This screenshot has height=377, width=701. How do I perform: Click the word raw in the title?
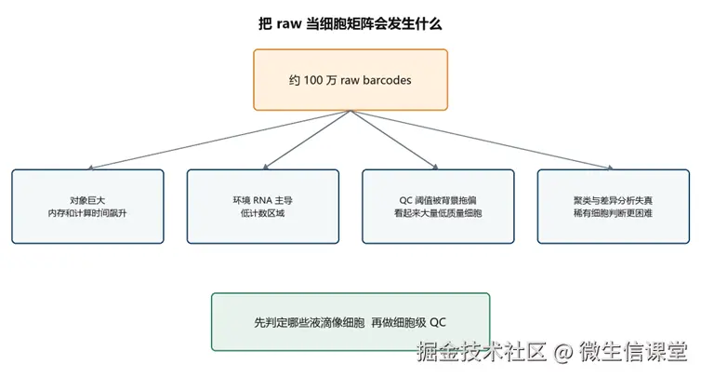coord(289,23)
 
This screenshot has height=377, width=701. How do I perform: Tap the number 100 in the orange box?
coord(313,80)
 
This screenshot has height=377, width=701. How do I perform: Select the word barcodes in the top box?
coord(387,80)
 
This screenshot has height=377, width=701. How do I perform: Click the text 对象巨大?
coord(87,200)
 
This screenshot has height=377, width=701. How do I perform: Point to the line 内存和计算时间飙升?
coord(87,213)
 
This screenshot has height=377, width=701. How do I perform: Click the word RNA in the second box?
coord(262,200)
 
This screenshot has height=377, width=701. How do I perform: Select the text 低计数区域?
coord(263,213)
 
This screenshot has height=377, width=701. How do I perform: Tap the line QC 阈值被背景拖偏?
coord(438,200)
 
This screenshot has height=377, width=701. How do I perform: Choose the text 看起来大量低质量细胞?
coord(438,213)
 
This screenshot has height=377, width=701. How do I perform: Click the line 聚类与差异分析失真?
coord(614,200)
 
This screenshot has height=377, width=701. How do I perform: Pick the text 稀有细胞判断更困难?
coord(614,213)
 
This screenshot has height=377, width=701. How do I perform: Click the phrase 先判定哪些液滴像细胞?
coord(310,322)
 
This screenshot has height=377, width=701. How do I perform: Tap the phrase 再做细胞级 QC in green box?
coord(409,322)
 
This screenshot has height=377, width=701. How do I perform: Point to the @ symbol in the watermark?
coord(562,352)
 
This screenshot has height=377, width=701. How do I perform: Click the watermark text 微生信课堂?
coord(633,351)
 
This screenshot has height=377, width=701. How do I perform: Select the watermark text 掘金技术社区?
coord(482,351)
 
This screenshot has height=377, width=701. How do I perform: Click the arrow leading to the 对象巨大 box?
coord(219,140)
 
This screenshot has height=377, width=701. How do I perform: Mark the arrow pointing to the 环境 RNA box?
coord(307,140)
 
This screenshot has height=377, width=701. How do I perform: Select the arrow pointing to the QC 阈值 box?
coord(394,140)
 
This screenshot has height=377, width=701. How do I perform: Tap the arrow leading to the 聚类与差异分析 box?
coord(482,140)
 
